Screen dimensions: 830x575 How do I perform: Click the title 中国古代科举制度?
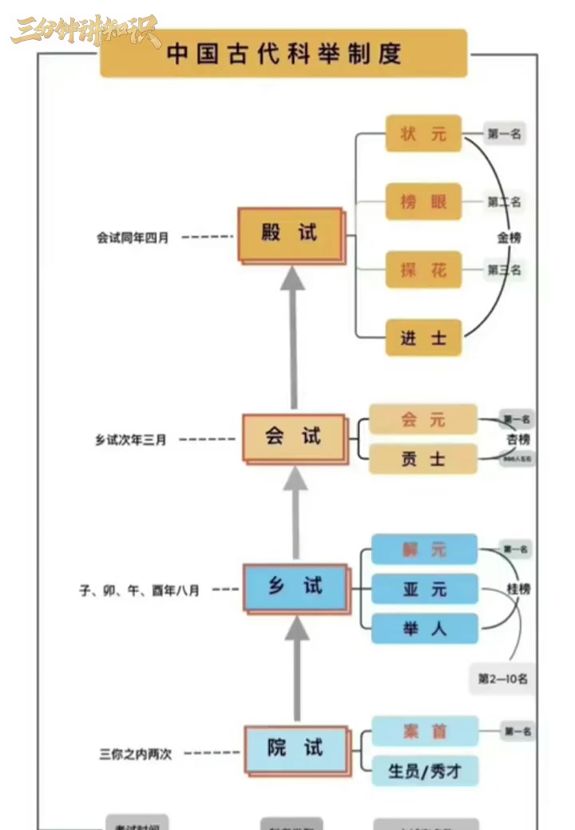(284, 54)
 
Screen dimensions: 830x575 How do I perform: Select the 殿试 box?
(290, 233)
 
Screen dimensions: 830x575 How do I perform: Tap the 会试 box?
(293, 437)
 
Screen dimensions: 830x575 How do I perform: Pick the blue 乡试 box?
(295, 587)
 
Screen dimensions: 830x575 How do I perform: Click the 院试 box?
(295, 749)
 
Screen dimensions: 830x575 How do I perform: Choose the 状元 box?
(423, 133)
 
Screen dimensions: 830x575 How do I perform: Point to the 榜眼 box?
(423, 201)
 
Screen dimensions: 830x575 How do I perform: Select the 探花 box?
(423, 270)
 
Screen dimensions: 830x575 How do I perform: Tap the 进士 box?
(423, 338)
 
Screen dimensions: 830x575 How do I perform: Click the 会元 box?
(423, 419)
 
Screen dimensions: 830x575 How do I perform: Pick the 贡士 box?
(423, 459)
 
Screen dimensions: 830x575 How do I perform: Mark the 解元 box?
(424, 550)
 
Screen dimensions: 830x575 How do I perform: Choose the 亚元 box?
(424, 590)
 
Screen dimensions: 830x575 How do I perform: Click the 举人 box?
(424, 629)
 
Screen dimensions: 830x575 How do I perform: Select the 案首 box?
(424, 731)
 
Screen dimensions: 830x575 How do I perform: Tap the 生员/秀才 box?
(424, 771)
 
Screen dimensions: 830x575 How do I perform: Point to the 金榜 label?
(509, 237)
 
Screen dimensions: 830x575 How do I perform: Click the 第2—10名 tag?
(502, 679)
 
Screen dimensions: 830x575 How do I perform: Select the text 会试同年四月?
(133, 237)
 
